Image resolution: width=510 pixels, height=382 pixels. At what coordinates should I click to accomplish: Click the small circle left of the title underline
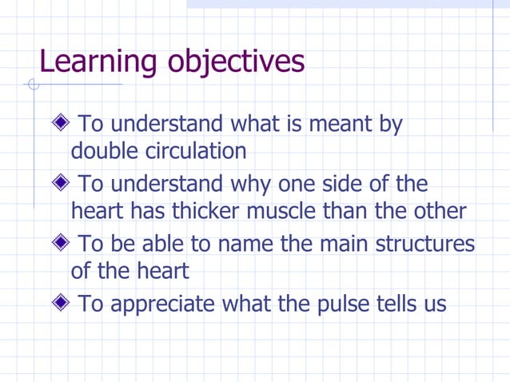pos(33,85)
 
